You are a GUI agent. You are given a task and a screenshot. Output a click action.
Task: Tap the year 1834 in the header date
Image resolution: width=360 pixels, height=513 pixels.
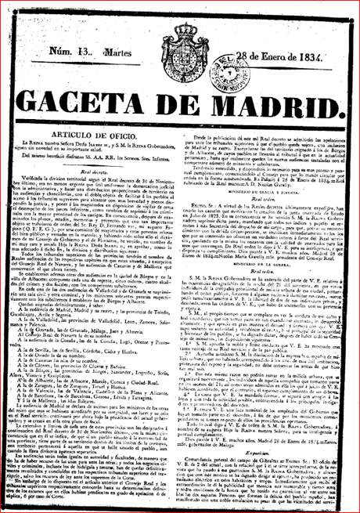322,74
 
